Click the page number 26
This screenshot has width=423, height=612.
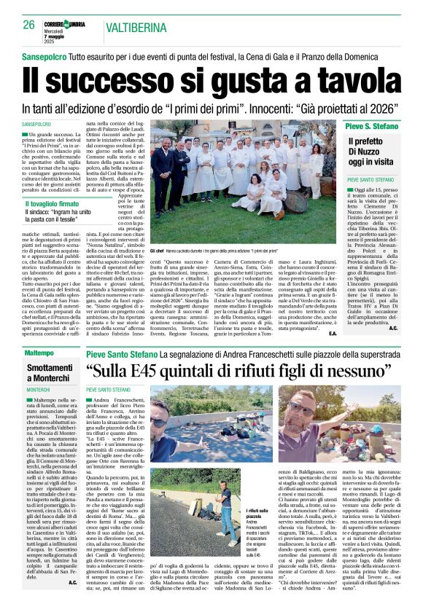(x=28, y=25)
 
